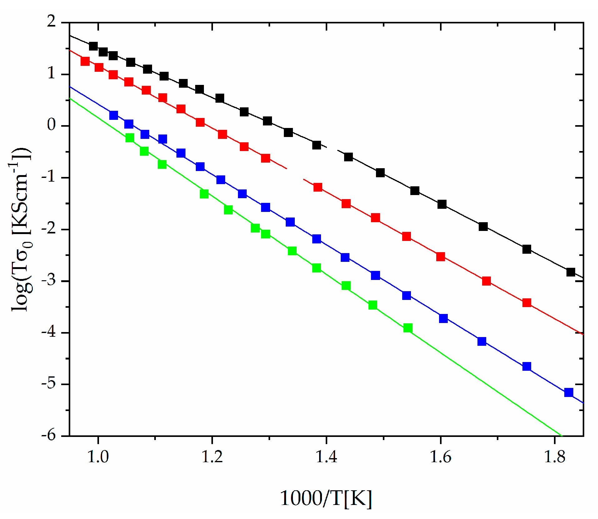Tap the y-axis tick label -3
tap(48, 280)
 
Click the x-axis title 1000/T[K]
tap(326, 498)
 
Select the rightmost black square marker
tap(571, 272)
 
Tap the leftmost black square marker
tap(93, 46)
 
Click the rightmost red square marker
tap(527, 303)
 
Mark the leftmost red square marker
tap(85, 61)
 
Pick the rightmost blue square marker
tap(569, 392)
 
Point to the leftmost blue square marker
tap(114, 115)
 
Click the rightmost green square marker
tap(408, 328)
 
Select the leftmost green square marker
tap(130, 138)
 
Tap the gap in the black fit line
tap(332, 149)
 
